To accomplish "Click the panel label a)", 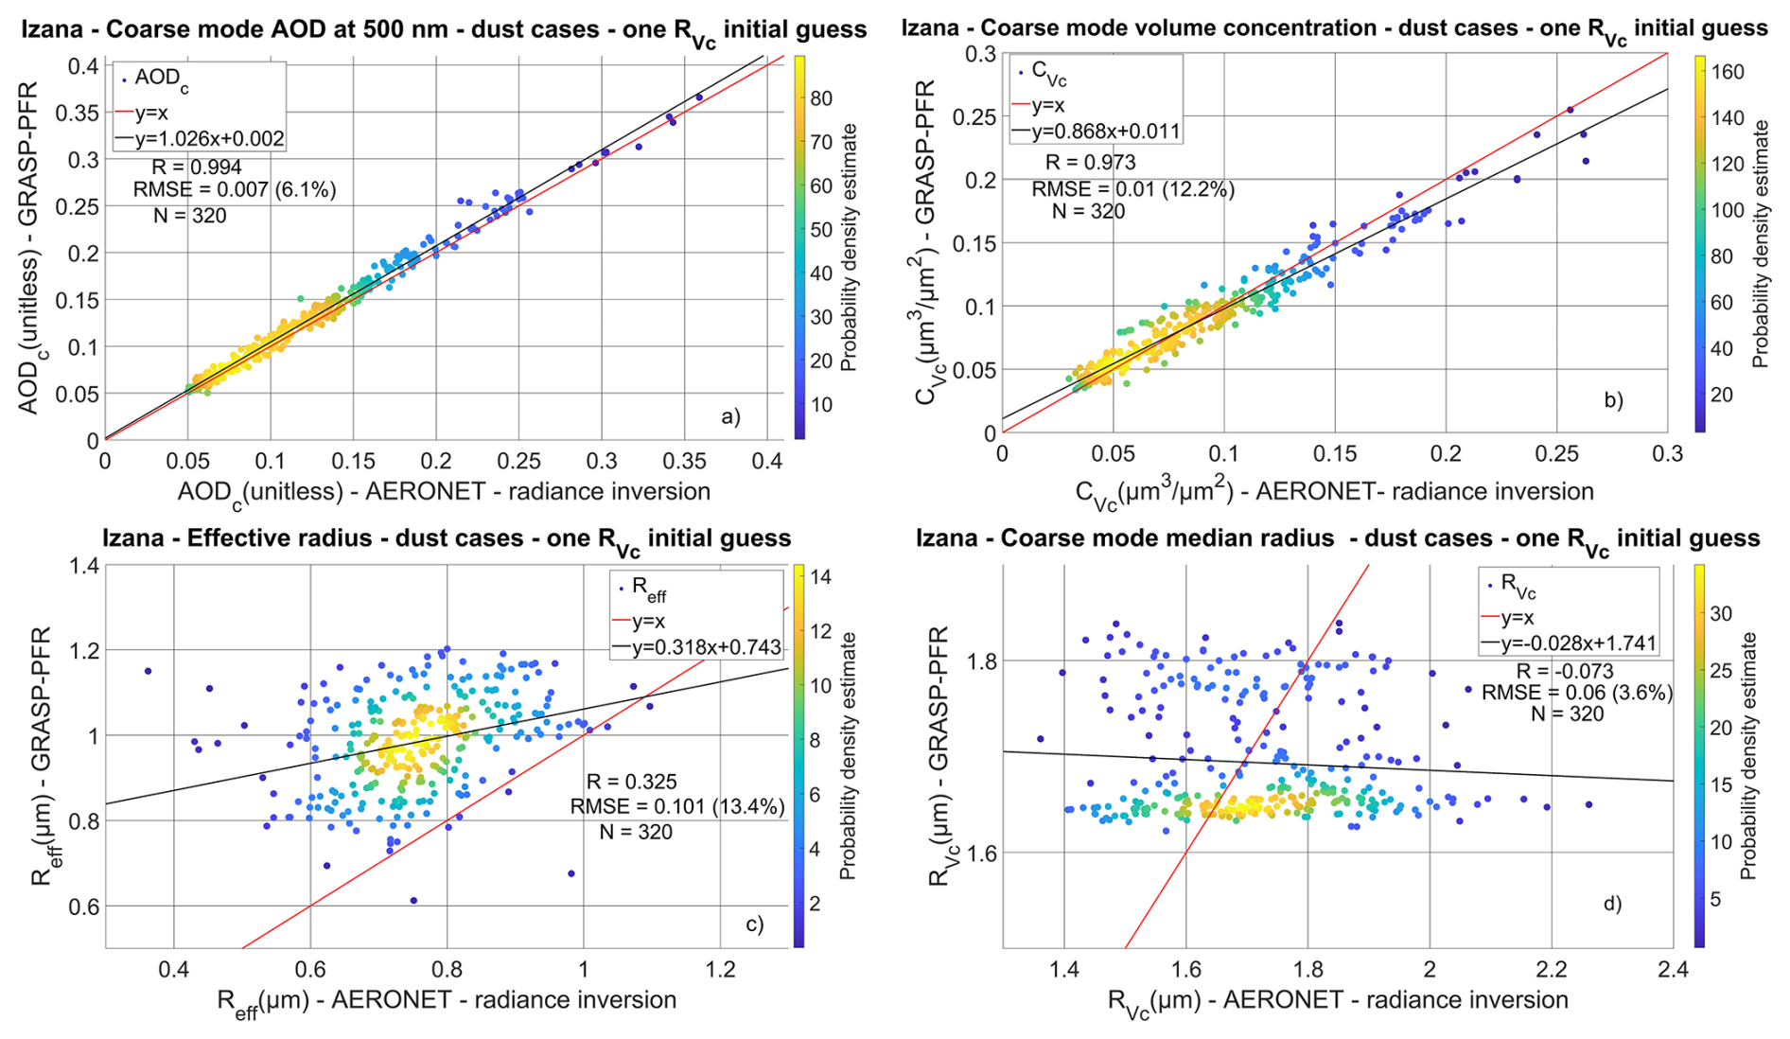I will pos(730,416).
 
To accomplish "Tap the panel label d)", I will pos(1612,904).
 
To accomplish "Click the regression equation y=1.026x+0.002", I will pos(209,139).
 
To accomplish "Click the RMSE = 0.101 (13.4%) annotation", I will pos(676,806).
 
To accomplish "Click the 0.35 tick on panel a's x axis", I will pos(684,462).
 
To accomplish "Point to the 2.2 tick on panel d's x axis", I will pos(1552,970).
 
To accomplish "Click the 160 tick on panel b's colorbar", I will pos(1728,72).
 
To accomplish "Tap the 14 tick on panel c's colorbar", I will pos(821,576).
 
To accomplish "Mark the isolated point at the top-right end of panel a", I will pos(699,97).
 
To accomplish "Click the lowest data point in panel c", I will pos(413,900).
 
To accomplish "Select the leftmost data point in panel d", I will pos(1041,739).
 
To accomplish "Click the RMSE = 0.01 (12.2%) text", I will pos(1132,189).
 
